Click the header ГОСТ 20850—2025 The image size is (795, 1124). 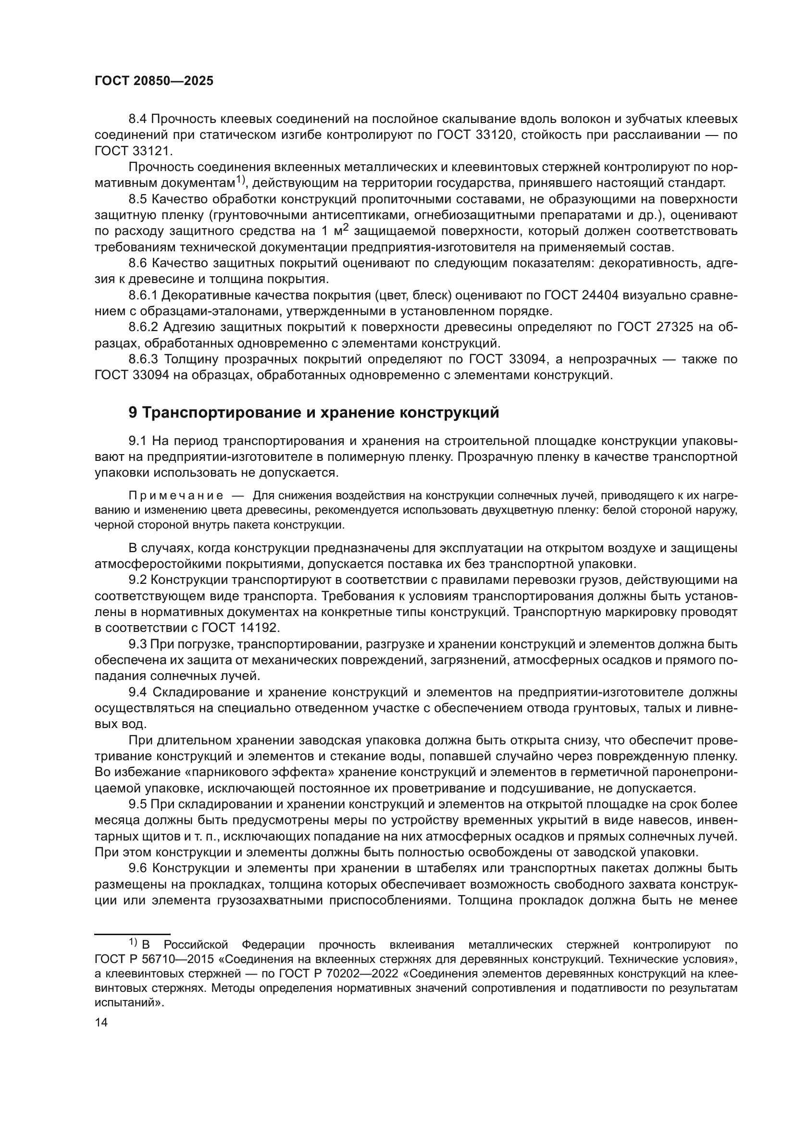click(x=154, y=81)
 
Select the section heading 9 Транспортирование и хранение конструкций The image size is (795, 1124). click(x=313, y=412)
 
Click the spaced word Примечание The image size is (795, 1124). click(x=176, y=495)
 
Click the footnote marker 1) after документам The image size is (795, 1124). click(x=240, y=180)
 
